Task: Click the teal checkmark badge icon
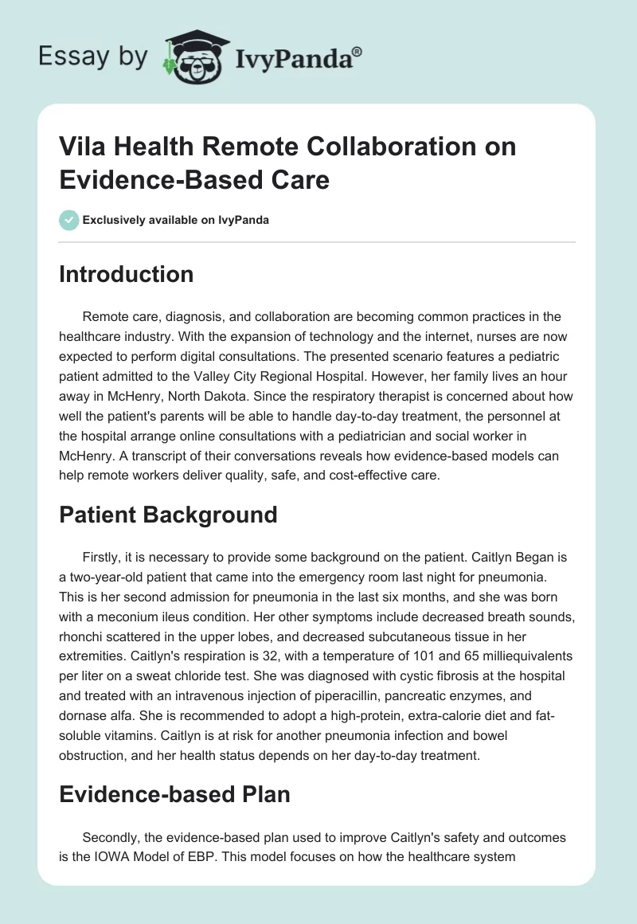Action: (x=68, y=220)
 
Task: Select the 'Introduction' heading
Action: (x=127, y=275)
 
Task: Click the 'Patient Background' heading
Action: (x=168, y=515)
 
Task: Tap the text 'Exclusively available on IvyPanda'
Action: (x=175, y=220)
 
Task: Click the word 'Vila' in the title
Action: (x=81, y=147)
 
